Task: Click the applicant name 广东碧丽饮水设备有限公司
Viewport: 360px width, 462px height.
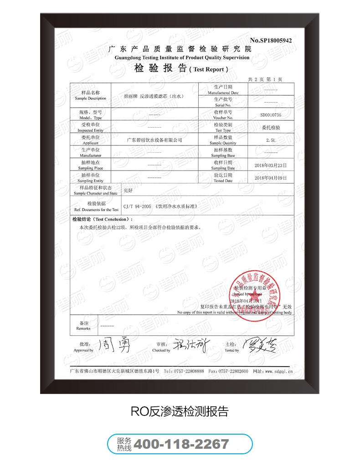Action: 154,140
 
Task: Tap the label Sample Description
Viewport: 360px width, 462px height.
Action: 90,99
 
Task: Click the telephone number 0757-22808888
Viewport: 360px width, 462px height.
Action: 188,371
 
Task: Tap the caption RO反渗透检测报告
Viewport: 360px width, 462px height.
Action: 179,411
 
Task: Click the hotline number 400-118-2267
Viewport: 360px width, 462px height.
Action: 182,444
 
